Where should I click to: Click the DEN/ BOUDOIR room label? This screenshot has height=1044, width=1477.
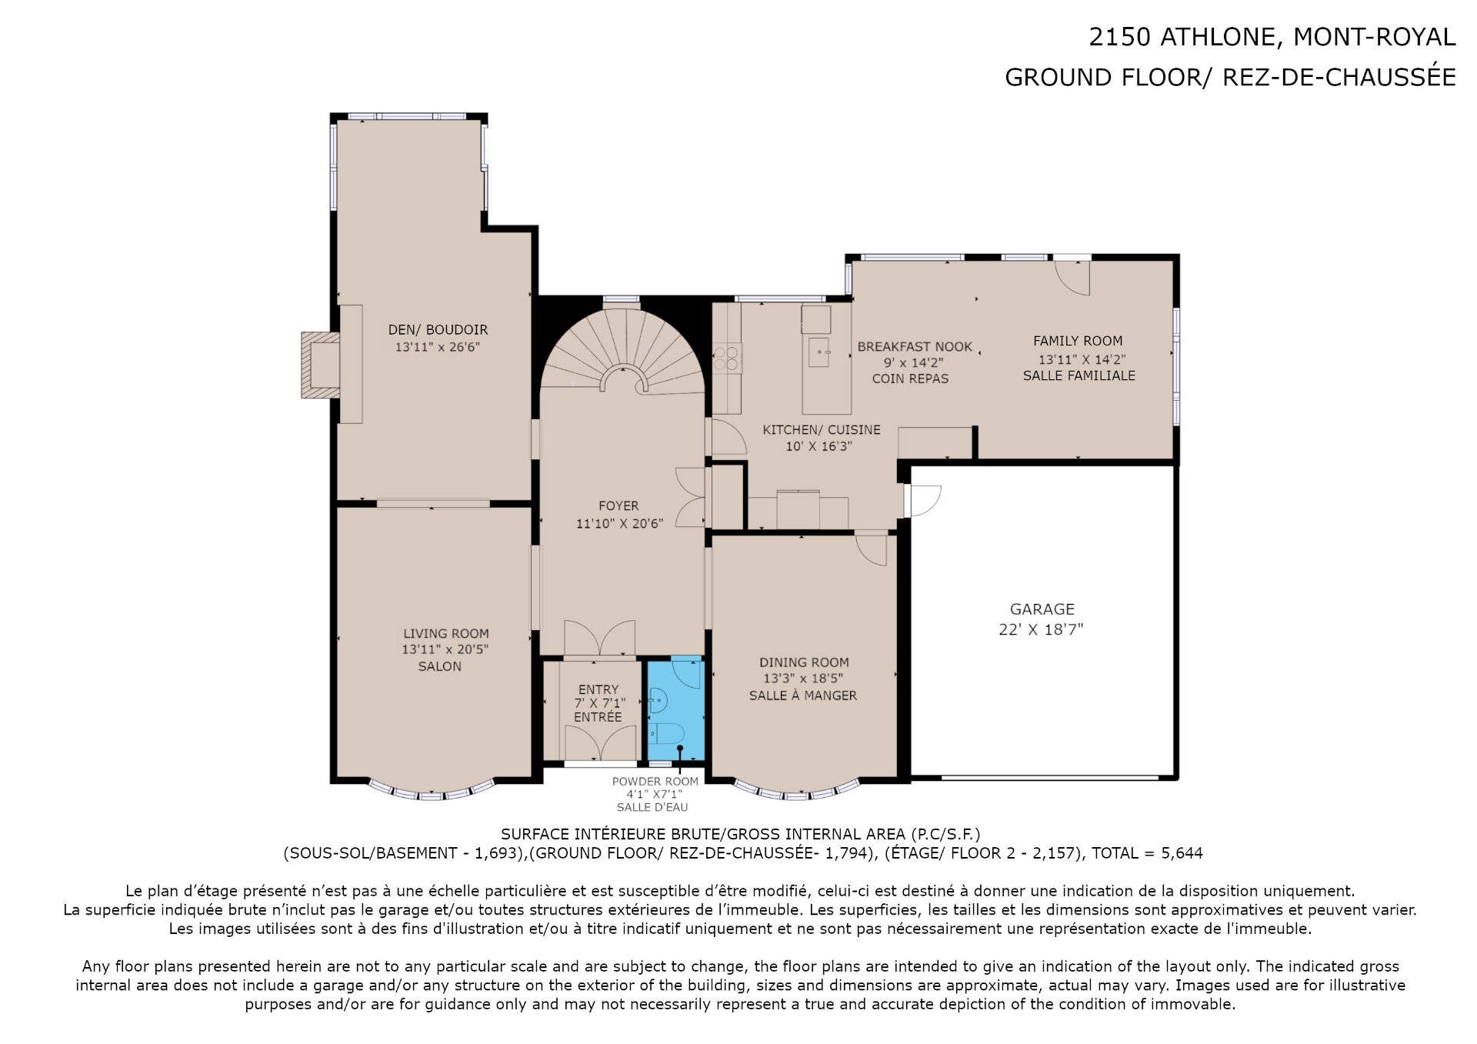tap(438, 329)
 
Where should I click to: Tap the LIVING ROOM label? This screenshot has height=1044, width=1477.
tap(446, 634)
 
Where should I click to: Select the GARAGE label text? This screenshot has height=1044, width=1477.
tap(1042, 609)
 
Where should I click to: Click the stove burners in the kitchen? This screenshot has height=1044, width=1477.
tap(727, 359)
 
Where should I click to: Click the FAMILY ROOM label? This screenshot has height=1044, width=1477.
tap(1078, 341)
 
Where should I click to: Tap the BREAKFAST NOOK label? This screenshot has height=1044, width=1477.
tap(915, 347)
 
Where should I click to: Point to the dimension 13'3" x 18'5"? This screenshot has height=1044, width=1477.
tap(803, 679)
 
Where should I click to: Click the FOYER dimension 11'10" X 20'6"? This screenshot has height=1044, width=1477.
tap(619, 523)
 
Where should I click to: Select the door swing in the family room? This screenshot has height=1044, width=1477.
tap(1072, 278)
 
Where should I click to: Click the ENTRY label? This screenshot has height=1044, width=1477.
tap(598, 689)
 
